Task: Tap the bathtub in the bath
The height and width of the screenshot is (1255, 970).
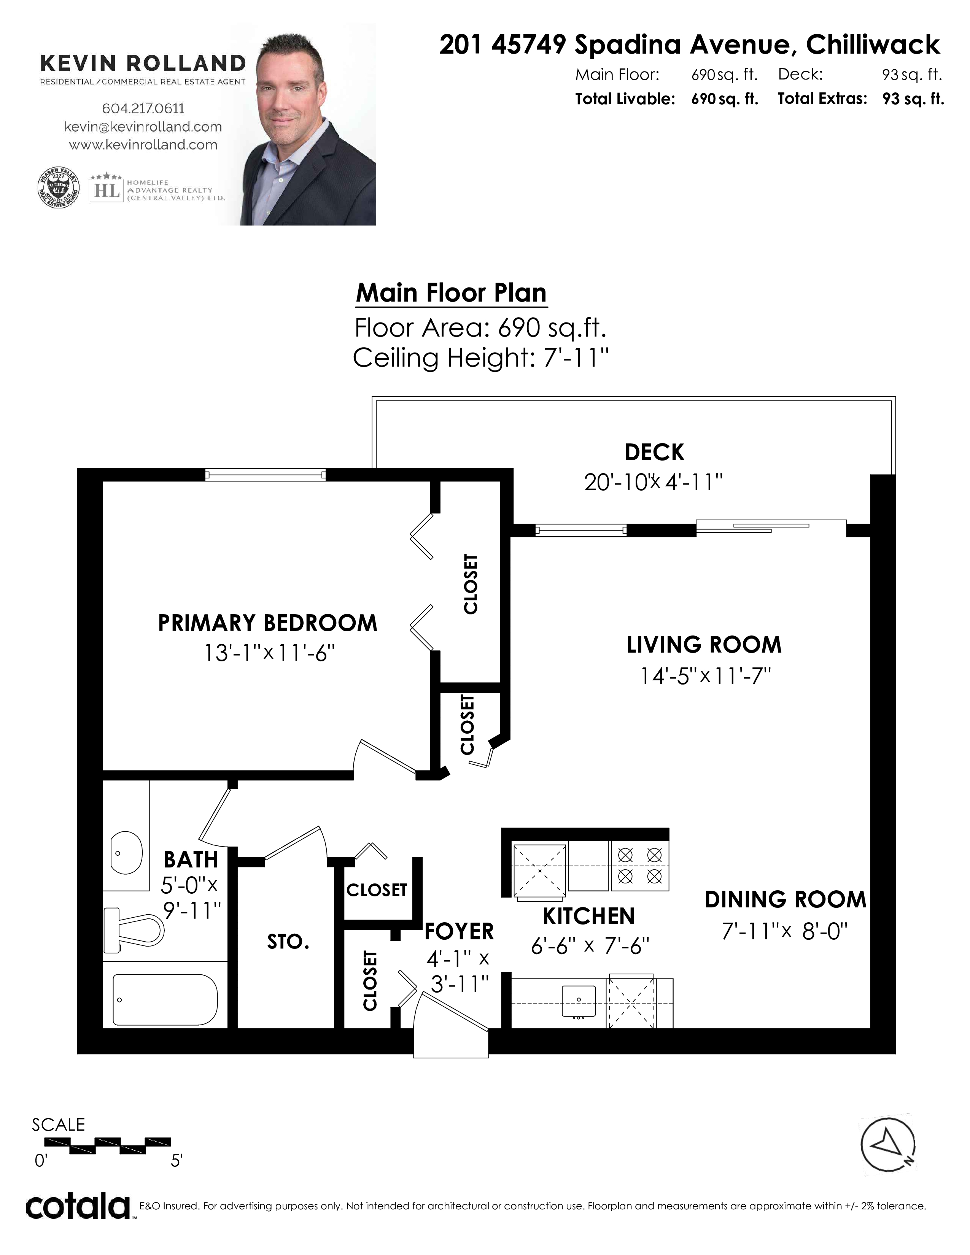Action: point(165,1000)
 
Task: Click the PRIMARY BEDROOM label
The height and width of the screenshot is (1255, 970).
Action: point(268,623)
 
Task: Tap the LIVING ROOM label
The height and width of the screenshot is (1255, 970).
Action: point(704,645)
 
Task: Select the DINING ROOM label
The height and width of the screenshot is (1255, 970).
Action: point(786,900)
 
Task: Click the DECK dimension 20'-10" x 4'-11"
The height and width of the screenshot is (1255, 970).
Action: point(654,481)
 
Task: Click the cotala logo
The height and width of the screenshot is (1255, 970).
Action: point(78,1206)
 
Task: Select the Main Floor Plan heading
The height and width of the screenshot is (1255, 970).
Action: point(451,293)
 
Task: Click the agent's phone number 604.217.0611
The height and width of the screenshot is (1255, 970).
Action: point(143,108)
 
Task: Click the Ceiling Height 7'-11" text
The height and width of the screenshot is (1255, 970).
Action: point(480,358)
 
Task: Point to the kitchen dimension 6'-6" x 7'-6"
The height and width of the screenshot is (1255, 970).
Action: point(590,945)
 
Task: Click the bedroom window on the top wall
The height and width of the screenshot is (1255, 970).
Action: point(266,475)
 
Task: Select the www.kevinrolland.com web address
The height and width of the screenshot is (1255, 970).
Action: point(143,145)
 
